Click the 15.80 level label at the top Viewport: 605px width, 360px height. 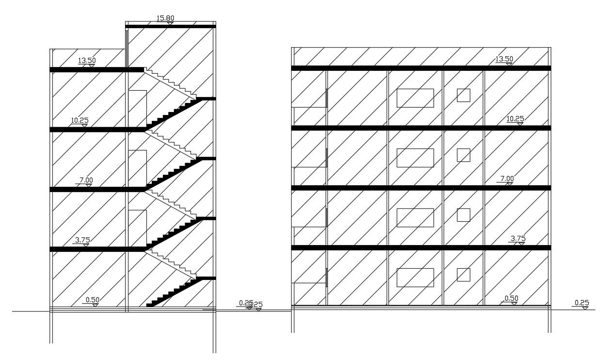pos(165,18)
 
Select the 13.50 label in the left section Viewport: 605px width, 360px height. pos(87,61)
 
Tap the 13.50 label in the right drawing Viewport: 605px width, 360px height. pos(504,59)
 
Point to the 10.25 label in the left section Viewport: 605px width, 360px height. pos(80,120)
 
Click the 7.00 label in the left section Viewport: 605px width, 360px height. pos(86,180)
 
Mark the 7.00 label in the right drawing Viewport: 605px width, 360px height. pos(507,179)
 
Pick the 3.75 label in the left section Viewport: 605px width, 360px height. pos(82,240)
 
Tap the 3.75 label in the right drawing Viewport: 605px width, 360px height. pos(518,238)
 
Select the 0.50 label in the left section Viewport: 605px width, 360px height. pos(92,300)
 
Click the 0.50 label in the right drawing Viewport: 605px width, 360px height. pos(511,298)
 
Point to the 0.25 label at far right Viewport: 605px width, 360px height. pos(581,303)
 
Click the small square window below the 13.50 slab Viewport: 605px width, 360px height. pos(463,95)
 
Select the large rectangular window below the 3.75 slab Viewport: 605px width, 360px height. pos(415,278)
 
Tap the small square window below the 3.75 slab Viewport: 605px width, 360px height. pos(463,275)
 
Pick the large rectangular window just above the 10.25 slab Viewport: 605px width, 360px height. pos(415,98)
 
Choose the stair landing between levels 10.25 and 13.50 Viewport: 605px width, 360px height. pos(206,99)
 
